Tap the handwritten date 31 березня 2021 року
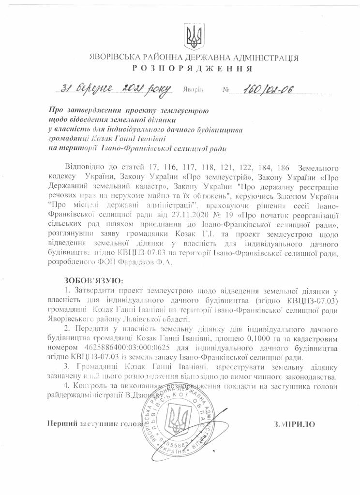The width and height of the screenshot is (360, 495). click(115, 88)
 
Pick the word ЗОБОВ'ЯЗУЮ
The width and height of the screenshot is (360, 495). click(93, 280)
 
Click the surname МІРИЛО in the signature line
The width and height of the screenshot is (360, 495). click(294, 424)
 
